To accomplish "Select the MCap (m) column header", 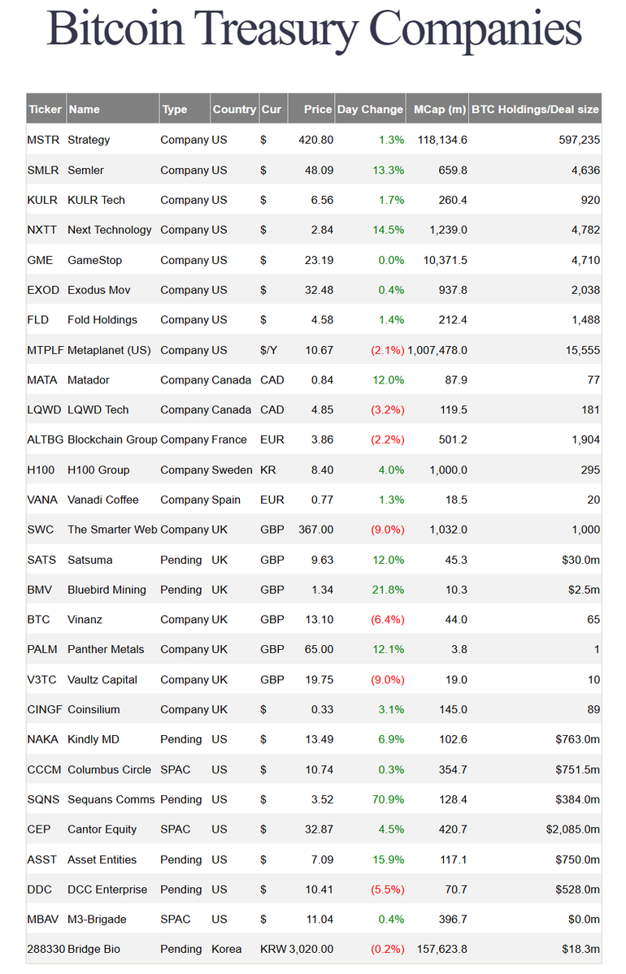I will [x=440, y=110].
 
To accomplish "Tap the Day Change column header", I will [x=370, y=110].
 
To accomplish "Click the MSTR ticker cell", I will [x=43, y=140].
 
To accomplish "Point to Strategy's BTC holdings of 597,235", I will [x=579, y=140].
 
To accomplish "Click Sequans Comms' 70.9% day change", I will [x=387, y=799].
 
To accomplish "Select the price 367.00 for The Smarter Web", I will [x=315, y=530].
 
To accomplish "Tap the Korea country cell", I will [x=228, y=949].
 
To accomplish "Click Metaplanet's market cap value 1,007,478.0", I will [x=437, y=350].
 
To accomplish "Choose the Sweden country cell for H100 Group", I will [x=232, y=470].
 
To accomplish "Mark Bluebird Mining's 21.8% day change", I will [x=387, y=590].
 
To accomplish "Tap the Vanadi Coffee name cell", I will [x=103, y=500].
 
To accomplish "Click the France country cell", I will [x=229, y=439].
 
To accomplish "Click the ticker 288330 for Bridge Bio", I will [x=46, y=949].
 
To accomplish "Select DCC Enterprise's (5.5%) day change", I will [x=387, y=890].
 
